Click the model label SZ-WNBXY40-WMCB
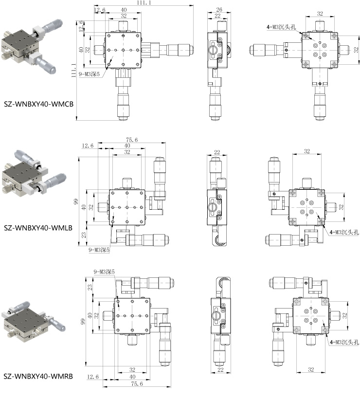[x=38, y=104]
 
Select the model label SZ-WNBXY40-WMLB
[x=38, y=228]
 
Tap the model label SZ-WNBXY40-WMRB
[x=38, y=376]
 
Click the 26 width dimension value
[x=219, y=9]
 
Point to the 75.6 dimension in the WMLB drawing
[x=131, y=140]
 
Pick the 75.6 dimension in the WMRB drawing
[x=137, y=383]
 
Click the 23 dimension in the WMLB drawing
[x=84, y=235]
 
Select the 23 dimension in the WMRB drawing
[x=90, y=288]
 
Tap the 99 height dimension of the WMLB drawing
[x=76, y=201]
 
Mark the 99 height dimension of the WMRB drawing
[x=83, y=322]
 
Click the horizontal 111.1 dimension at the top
[x=144, y=2]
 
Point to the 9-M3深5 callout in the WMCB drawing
[x=89, y=74]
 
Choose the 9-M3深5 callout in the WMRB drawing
[x=104, y=272]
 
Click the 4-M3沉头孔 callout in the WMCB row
[x=281, y=27]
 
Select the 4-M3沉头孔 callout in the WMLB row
[x=344, y=232]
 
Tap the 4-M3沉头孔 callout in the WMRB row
[x=344, y=342]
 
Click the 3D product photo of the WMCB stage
[x=33, y=48]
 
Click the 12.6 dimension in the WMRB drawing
[x=93, y=377]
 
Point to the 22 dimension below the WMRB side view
[x=220, y=370]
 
